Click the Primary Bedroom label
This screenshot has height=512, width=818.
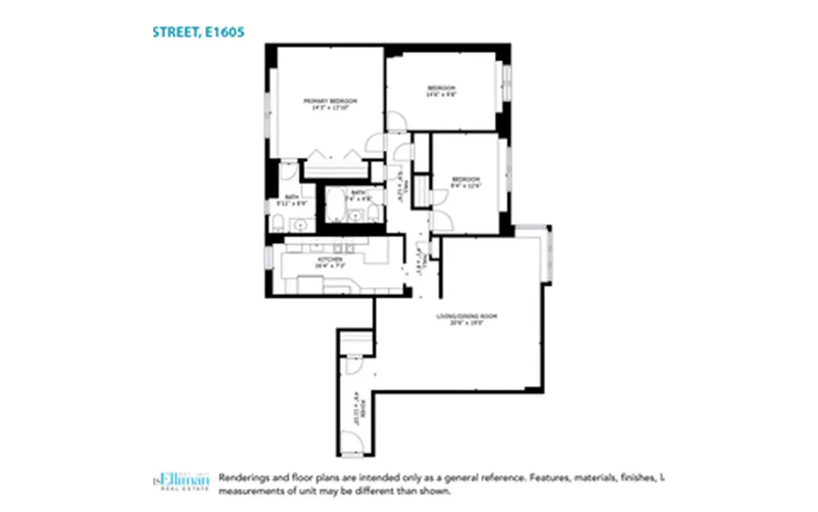pos(330,101)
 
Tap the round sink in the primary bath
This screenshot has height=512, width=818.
pos(300,224)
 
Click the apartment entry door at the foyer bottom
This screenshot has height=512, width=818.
pos(350,442)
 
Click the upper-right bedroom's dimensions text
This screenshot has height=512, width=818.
pos(441,94)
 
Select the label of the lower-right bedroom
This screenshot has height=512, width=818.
pos(465,179)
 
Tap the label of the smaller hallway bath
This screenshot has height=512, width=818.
pos(357,193)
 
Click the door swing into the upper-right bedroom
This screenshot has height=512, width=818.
pos(396,122)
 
